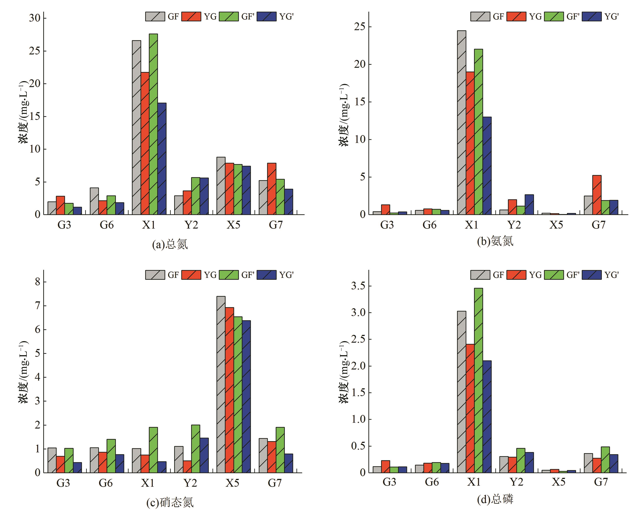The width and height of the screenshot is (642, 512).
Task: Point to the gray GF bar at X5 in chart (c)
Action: [x=221, y=384]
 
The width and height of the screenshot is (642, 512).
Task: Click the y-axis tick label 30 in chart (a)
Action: [x=34, y=18]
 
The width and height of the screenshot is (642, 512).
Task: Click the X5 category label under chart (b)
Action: [x=556, y=225]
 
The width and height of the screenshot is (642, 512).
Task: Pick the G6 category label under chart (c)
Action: [x=106, y=483]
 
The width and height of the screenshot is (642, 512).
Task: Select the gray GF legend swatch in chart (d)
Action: [x=480, y=275]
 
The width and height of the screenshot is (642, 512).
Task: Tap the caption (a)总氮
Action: [x=170, y=244]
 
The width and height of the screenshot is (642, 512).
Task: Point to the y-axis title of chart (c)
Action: [x=24, y=372]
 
